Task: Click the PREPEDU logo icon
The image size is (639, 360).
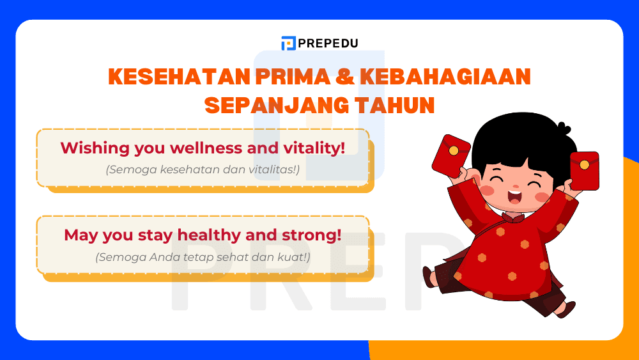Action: [288, 43]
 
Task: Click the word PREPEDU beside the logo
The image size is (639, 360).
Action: [328, 43]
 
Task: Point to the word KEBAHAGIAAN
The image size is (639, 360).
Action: [445, 77]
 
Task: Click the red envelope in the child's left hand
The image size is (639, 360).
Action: [450, 155]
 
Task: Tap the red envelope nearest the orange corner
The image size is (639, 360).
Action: [584, 170]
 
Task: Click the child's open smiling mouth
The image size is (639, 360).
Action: [514, 195]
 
